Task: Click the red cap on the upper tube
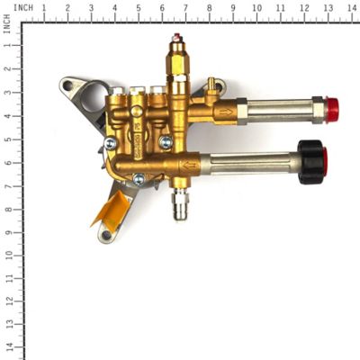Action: (332, 110)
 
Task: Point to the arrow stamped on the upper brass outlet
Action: (228, 112)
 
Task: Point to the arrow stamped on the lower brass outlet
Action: (189, 166)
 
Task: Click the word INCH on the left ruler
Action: (7, 26)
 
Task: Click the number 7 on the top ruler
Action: (184, 7)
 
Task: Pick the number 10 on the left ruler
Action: (7, 255)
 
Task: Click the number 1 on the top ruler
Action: (44, 7)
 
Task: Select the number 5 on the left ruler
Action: (7, 139)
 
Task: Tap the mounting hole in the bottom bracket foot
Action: (107, 235)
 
